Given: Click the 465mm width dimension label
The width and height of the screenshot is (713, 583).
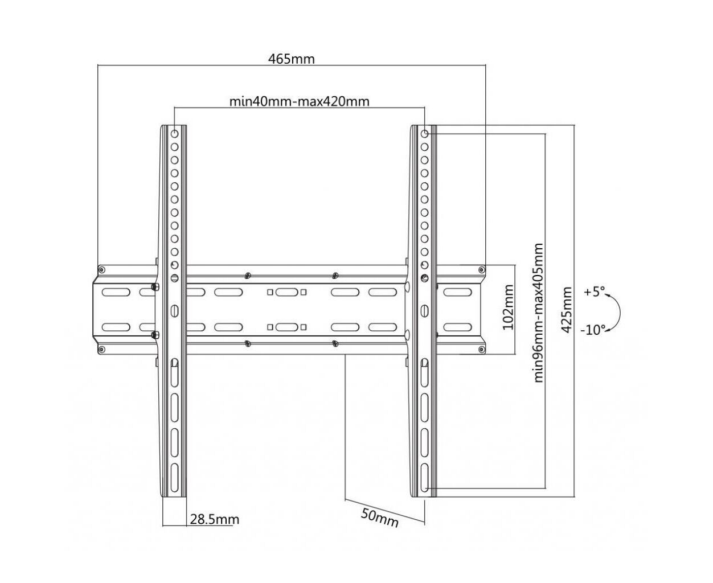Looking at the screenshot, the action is [291, 59].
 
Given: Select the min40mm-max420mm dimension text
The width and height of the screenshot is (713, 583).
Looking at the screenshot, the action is [299, 101].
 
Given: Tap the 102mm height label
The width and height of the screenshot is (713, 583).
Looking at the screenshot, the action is [508, 307].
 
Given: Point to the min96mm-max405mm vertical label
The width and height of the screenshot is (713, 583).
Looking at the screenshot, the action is [539, 313].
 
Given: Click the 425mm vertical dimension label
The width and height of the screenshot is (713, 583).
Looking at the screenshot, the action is [566, 310].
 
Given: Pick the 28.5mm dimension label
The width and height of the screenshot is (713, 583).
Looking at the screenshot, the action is [214, 519].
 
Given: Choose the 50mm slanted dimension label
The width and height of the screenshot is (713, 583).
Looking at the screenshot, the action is [380, 518].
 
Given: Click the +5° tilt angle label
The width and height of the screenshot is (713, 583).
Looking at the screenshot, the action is [594, 291].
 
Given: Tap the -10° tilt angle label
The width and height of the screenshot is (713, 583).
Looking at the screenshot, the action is [593, 330].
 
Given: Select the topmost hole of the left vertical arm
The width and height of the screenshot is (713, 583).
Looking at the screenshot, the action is [174, 134].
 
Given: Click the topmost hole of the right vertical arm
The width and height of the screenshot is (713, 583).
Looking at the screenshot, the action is [425, 134].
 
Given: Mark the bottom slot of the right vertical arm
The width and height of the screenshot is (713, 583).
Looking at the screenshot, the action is [425, 478].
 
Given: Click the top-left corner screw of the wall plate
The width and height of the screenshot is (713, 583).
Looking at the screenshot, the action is [101, 270].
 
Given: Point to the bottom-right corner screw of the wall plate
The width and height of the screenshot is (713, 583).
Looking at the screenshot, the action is [481, 349].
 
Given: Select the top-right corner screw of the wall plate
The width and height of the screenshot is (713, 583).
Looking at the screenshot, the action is [481, 270].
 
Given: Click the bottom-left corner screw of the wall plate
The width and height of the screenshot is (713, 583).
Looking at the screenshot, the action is [101, 349].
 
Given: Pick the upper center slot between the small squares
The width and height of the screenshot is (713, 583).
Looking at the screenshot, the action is [286, 292].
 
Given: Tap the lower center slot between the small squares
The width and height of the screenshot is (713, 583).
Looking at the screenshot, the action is [286, 327].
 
